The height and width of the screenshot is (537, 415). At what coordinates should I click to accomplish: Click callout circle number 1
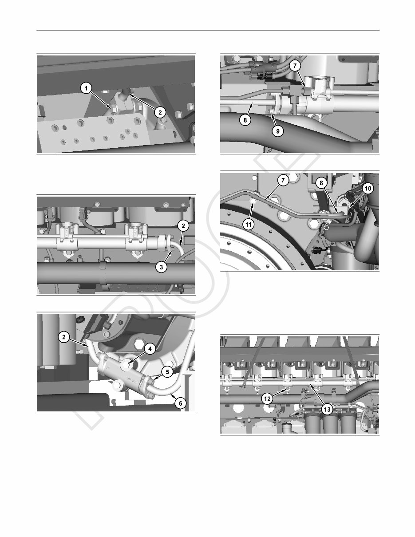[x=86, y=89]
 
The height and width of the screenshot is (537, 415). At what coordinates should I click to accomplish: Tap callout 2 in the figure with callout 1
[x=160, y=113]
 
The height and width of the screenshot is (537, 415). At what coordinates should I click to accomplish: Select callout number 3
[x=162, y=268]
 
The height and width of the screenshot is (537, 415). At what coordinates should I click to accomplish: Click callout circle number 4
[x=150, y=349]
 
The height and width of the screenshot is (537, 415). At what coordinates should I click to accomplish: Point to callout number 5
[x=166, y=372]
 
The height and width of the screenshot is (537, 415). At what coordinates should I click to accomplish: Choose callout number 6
[x=180, y=403]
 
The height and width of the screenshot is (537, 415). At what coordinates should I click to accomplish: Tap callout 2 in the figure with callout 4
[x=64, y=338]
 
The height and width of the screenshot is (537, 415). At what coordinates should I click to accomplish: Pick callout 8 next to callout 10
[x=322, y=182]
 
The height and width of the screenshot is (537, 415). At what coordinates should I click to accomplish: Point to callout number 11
[x=249, y=225]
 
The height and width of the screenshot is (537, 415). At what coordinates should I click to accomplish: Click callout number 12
[x=267, y=399]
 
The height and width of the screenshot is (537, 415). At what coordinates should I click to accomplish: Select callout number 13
[x=327, y=410]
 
